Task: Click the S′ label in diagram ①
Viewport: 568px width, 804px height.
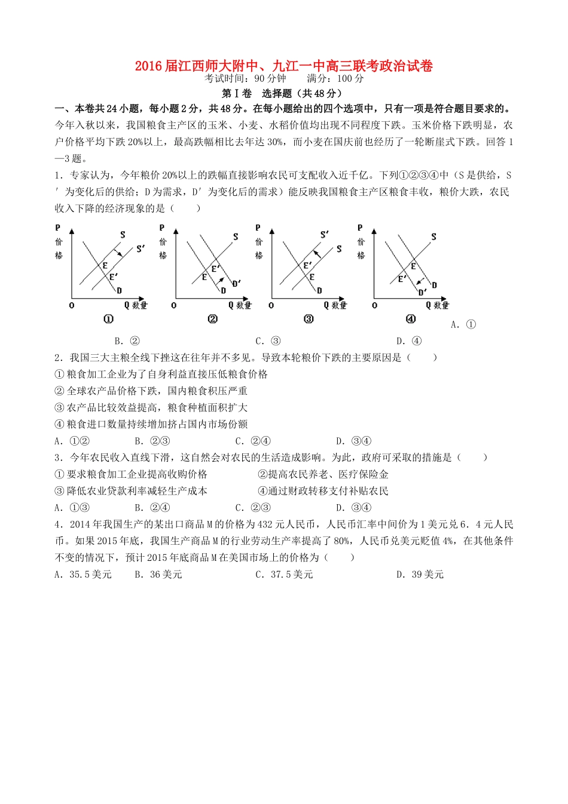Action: (141, 248)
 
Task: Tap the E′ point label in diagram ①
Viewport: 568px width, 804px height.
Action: (113, 277)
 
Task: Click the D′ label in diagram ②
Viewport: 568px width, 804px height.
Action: (236, 283)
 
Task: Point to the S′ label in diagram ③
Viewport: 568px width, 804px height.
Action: (325, 235)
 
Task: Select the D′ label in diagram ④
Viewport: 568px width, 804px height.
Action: (422, 292)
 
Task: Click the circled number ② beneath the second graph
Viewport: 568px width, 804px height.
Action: (212, 319)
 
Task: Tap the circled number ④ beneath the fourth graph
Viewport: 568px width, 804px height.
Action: (411, 319)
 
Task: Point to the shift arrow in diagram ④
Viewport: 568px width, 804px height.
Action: (422, 280)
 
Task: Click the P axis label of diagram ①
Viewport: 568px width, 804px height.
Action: (58, 228)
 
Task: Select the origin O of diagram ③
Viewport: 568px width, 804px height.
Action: (271, 305)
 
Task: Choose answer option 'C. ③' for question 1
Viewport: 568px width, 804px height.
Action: (268, 341)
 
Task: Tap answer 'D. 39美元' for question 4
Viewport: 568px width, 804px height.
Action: (420, 575)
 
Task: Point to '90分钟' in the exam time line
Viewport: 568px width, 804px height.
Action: (270, 79)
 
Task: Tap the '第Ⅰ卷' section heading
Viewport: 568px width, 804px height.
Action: (237, 93)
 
